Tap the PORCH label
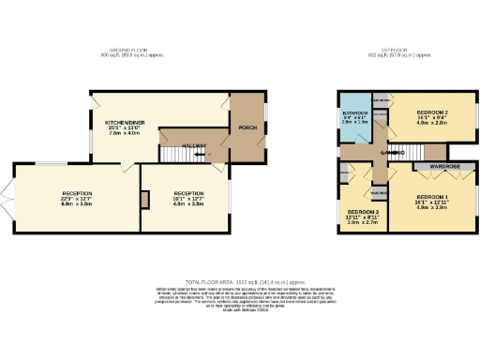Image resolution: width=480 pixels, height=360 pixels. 247,127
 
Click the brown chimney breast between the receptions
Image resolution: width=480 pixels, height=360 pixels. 144,200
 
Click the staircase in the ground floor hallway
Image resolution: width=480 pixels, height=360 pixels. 174,151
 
